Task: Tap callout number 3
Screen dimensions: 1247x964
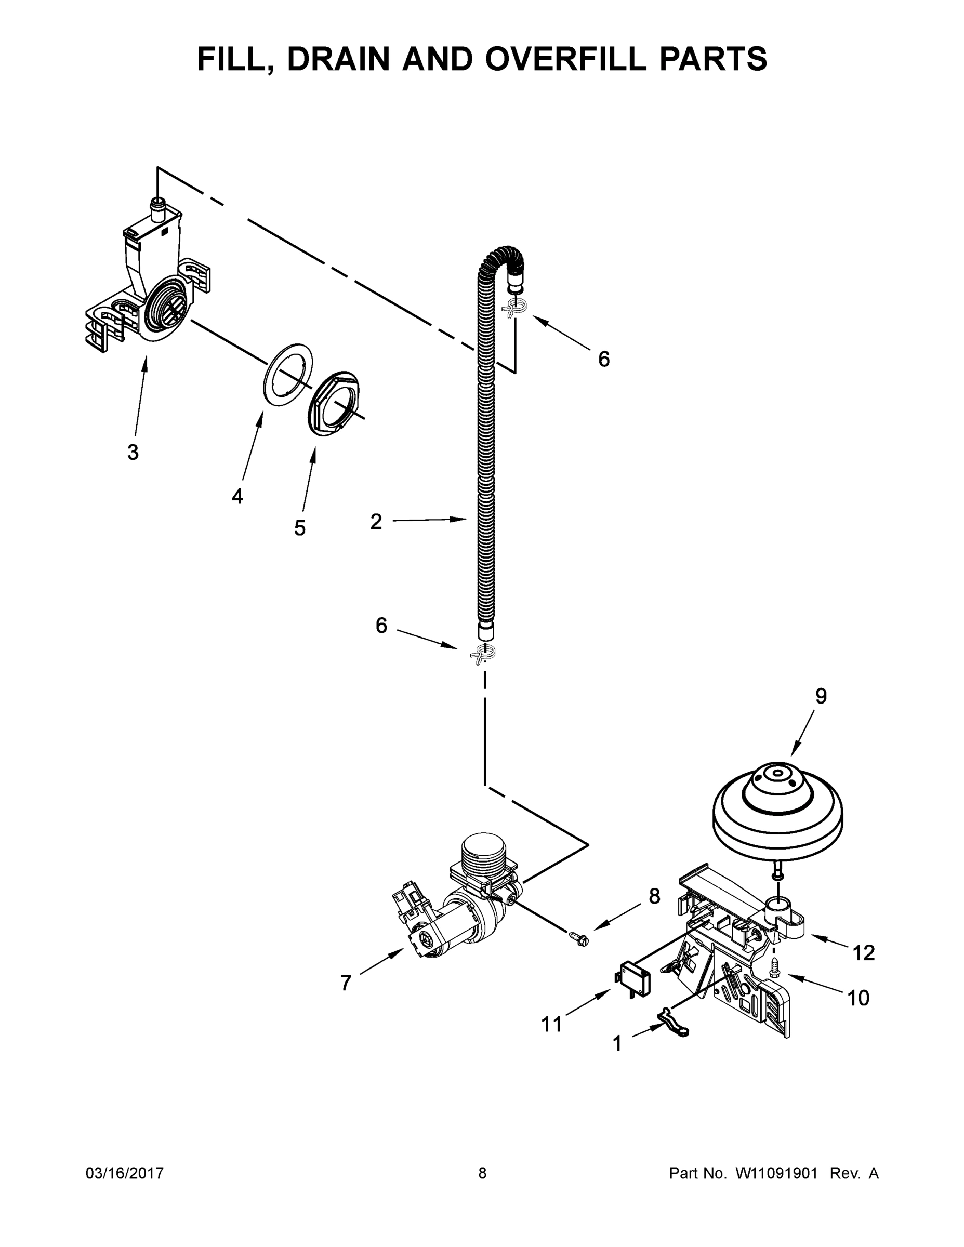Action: click(133, 452)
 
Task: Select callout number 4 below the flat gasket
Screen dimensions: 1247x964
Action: click(237, 496)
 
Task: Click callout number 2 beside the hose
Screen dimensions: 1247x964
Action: click(376, 521)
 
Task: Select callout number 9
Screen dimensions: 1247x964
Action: click(821, 696)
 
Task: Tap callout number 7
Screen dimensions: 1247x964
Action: click(345, 983)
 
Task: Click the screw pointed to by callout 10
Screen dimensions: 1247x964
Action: click(774, 965)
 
